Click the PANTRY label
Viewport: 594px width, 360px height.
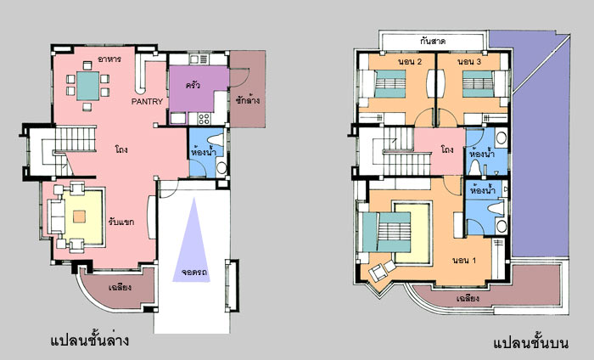click(x=147, y=102)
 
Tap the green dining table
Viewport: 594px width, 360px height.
click(x=88, y=86)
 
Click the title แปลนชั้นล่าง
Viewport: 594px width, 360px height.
click(x=90, y=340)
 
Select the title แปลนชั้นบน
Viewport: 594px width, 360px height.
click(x=531, y=342)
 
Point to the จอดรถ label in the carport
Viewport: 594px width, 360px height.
click(x=194, y=272)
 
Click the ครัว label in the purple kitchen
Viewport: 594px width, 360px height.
click(x=193, y=85)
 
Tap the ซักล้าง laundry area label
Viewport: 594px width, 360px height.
click(x=248, y=100)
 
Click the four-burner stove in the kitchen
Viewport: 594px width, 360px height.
click(x=204, y=119)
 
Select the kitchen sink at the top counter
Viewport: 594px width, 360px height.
click(x=199, y=59)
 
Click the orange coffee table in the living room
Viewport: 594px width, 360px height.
click(x=79, y=217)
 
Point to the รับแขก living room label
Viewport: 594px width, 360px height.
click(x=120, y=222)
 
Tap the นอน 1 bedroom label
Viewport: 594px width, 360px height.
click(x=464, y=261)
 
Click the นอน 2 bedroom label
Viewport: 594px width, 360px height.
click(x=410, y=62)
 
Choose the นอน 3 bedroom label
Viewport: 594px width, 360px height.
click(x=469, y=62)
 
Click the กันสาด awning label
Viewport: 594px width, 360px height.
click(x=432, y=41)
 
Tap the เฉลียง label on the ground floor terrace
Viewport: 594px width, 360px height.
click(x=120, y=287)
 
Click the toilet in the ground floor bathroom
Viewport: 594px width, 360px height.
click(x=216, y=140)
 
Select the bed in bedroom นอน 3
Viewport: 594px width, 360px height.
click(x=479, y=83)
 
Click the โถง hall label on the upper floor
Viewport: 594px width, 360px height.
click(x=447, y=149)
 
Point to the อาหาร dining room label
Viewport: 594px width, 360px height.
click(x=109, y=59)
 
